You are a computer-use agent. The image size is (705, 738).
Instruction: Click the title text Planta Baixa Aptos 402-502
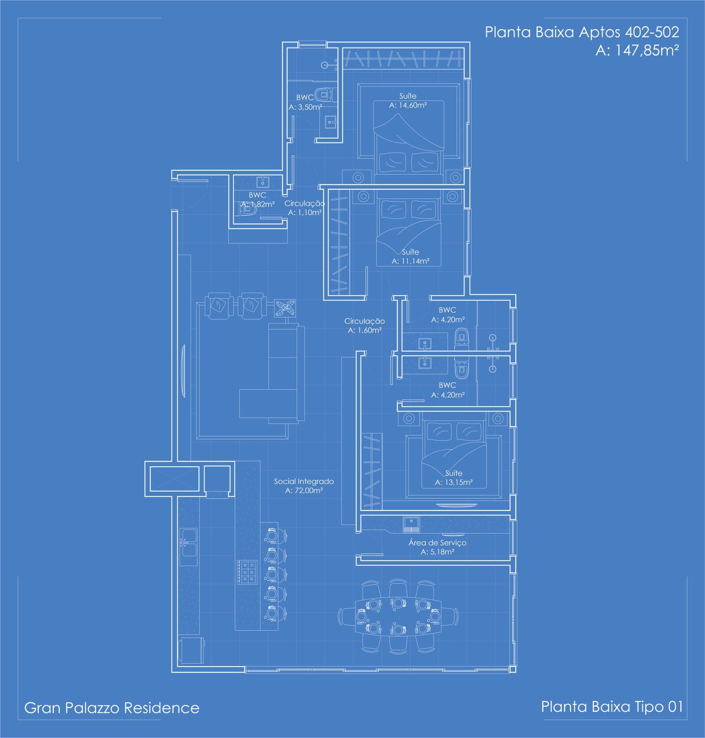pos(582,32)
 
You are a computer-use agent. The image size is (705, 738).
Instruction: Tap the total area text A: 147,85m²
pos(637,50)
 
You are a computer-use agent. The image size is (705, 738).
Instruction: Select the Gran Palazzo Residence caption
pos(112,708)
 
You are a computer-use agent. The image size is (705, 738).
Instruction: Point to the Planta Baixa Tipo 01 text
pos(612,707)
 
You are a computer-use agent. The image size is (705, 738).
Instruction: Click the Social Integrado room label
pos(304,481)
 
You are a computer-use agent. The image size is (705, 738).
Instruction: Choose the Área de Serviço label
pos(437,543)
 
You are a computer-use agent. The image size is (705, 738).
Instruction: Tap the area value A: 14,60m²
pos(408,105)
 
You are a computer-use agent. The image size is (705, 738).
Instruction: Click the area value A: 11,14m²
pos(410,261)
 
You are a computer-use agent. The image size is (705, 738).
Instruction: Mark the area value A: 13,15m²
pos(454,483)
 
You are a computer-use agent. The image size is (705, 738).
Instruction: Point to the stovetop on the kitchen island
pos(247,572)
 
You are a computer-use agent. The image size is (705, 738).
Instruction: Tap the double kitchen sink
pos(189,547)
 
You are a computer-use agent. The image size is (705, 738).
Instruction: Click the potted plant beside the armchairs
pos(285,308)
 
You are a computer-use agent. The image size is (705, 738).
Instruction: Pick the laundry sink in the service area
pos(411,524)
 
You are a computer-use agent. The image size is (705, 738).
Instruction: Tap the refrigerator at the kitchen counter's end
pos(191,650)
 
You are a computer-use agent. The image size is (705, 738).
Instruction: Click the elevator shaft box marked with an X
pos(175,479)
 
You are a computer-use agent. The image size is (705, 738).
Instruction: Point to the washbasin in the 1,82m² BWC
pos(263,182)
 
